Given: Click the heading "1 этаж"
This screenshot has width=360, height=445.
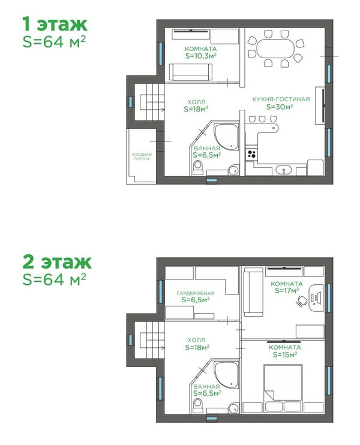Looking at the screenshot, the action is [55, 24].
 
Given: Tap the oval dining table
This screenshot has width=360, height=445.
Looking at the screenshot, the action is [275, 49].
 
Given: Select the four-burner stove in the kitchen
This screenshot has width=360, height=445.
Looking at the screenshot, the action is [251, 154].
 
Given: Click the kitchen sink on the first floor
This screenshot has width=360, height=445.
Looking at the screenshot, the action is [283, 170].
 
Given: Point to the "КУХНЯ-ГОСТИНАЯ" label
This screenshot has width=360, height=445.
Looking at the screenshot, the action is [281, 100].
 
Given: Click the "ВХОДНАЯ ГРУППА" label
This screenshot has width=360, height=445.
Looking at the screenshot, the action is [142, 157].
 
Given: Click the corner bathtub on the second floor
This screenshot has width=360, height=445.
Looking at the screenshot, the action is [226, 375].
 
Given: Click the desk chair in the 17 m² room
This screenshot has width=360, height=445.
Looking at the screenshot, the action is [302, 300].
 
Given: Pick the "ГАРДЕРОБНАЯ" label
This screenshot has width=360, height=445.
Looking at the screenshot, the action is [196, 293].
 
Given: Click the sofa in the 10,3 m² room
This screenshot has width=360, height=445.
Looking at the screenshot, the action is [191, 72].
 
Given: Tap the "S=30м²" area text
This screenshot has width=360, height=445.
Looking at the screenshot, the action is [280, 107].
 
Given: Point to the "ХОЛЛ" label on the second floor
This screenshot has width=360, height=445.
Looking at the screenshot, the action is [196, 339].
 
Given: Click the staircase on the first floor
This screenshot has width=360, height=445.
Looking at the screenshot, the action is [149, 102].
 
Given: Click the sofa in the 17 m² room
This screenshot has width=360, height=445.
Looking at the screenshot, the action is [254, 292].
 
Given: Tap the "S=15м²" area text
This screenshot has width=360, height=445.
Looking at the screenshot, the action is [285, 354].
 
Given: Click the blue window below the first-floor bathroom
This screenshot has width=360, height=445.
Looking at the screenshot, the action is [212, 179].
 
